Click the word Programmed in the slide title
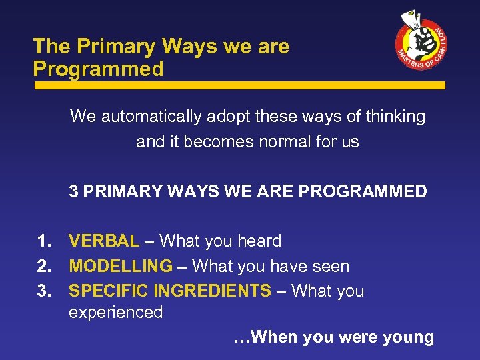[x=99, y=69]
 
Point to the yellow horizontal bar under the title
[x=240, y=86]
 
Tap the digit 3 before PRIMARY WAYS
[x=74, y=192]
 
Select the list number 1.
[x=45, y=241]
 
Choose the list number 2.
[x=45, y=266]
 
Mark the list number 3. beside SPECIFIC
[x=45, y=291]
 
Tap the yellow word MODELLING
[x=121, y=266]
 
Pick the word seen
[x=331, y=267]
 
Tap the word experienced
[x=116, y=312]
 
